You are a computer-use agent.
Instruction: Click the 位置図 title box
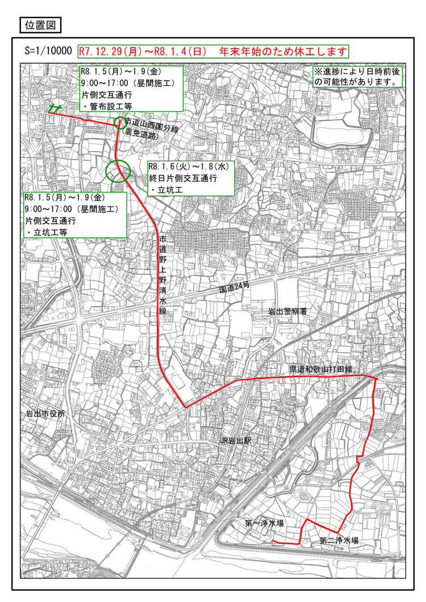40,25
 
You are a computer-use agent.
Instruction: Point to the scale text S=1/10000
49,51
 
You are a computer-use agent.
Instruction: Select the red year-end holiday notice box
212,51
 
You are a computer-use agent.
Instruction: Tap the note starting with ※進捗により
358,77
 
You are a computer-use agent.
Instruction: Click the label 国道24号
235,288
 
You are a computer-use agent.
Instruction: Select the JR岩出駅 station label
239,441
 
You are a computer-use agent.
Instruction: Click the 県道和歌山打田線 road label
321,370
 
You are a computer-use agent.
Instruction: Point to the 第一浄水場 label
264,522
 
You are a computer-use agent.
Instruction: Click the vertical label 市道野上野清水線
163,275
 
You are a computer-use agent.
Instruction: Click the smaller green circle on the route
119,122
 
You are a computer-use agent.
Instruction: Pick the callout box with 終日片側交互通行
190,178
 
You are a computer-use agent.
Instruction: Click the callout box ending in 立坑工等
74,214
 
